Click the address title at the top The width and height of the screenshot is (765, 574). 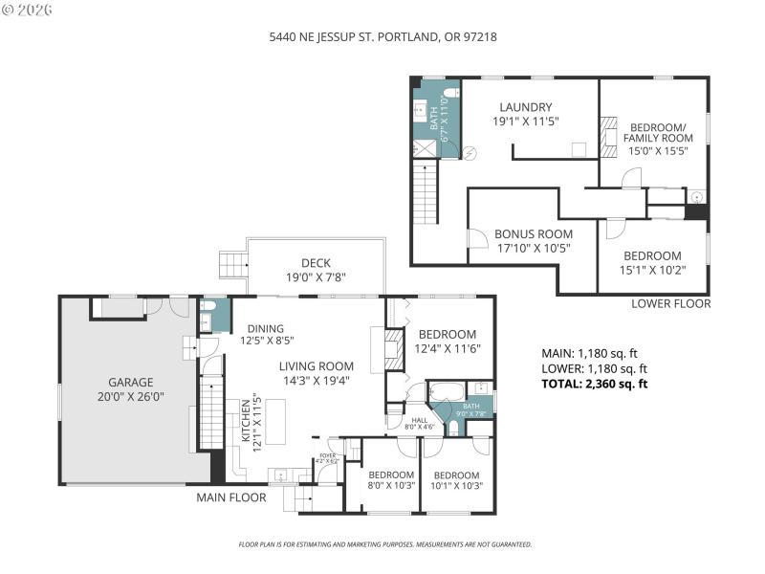point(383,37)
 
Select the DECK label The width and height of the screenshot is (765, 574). point(316,263)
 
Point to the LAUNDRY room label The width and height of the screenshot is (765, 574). point(525,107)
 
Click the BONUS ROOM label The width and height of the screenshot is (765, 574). point(533,234)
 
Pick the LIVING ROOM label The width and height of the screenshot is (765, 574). point(316,366)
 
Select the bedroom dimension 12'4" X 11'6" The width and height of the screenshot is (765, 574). point(446,349)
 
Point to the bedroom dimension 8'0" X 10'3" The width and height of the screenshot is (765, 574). point(391,486)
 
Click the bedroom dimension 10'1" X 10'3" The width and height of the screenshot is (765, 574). point(456,486)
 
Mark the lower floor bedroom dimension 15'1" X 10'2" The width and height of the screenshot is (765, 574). point(654,270)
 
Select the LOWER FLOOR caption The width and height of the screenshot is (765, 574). point(670,304)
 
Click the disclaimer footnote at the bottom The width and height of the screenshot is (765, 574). point(384,544)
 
